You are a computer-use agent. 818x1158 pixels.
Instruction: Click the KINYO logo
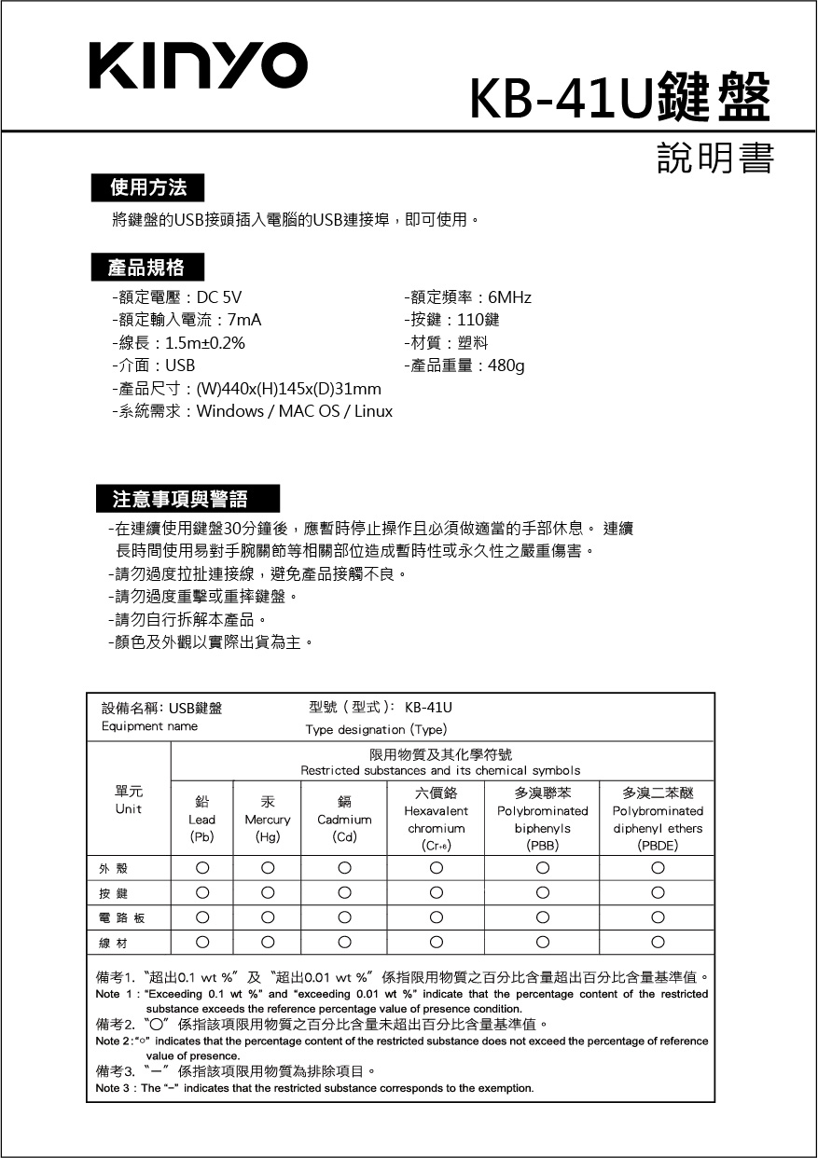[x=198, y=66]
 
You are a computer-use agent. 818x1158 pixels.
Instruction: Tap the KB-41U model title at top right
[x=620, y=96]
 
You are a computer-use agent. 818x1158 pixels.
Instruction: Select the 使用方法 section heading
[x=147, y=188]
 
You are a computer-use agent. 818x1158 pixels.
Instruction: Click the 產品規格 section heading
[x=146, y=269]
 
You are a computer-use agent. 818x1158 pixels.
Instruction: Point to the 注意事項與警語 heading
[x=180, y=499]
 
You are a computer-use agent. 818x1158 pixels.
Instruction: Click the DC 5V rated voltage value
[x=219, y=297]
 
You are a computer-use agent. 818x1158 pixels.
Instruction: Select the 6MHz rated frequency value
[x=509, y=297]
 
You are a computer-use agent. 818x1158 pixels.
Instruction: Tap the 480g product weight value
[x=506, y=365]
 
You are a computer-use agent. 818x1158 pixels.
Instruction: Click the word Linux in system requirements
[x=372, y=411]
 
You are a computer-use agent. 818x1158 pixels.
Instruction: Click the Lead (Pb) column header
[x=201, y=820]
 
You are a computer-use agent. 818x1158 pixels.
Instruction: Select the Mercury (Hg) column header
[x=268, y=820]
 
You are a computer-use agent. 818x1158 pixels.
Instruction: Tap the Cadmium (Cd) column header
[x=344, y=820]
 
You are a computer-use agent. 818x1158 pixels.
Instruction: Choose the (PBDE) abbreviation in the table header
[x=658, y=847]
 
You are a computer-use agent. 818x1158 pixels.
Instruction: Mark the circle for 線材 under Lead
[x=201, y=942]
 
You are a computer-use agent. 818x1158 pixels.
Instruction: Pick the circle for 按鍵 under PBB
[x=542, y=893]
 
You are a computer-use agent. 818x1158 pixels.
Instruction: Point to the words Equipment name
[x=149, y=726]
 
